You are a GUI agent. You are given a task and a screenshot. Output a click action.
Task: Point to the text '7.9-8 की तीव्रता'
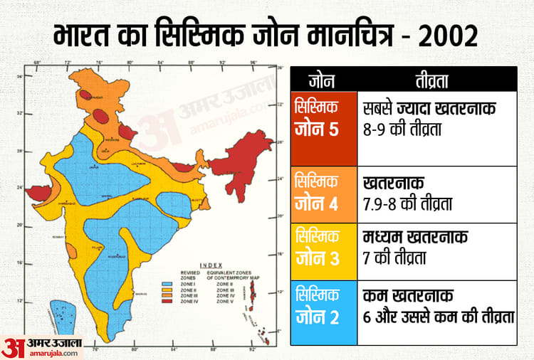409,205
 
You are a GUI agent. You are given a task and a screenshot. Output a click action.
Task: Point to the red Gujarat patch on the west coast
39,193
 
